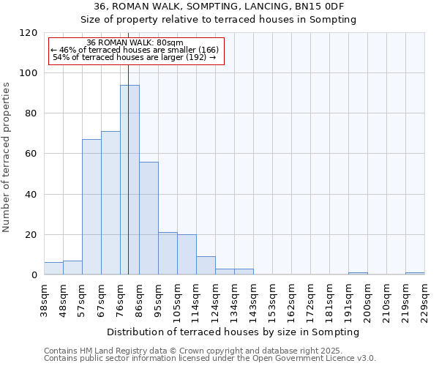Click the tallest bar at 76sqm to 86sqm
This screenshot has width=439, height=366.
pyautogui.click(x=130, y=180)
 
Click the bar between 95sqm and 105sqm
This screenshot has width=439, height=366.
pyautogui.click(x=168, y=253)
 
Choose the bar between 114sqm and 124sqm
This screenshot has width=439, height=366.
pyautogui.click(x=206, y=266)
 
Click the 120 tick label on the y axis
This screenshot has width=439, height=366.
pyautogui.click(x=29, y=33)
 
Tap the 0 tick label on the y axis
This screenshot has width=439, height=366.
pyautogui.click(x=34, y=275)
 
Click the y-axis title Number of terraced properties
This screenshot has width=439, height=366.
pyautogui.click(x=7, y=157)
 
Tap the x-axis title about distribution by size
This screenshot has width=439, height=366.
pyautogui.click(x=233, y=332)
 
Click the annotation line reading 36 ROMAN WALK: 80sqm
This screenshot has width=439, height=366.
pyautogui.click(x=135, y=43)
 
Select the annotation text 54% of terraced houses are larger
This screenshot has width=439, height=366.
pyautogui.click(x=135, y=57)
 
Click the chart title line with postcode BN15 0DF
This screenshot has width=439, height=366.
pyautogui.click(x=219, y=7)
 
